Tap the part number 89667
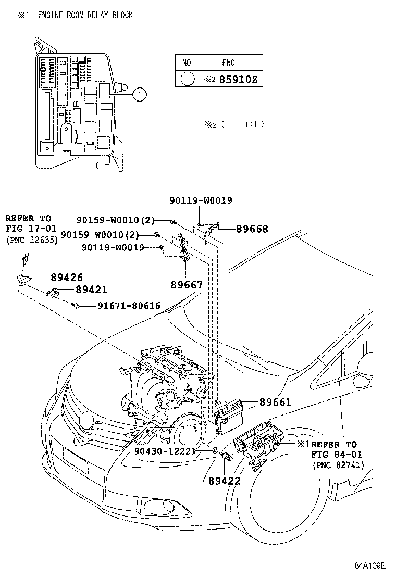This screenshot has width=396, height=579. pyautogui.click(x=186, y=285)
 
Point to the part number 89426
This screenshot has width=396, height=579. pyautogui.click(x=66, y=278)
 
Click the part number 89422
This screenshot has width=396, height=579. pyautogui.click(x=224, y=482)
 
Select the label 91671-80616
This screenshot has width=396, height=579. pyautogui.click(x=129, y=306)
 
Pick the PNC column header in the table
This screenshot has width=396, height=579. pyautogui.click(x=228, y=62)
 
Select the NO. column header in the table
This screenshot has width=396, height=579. pyautogui.click(x=188, y=62)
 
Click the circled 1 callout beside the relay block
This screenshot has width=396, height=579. pyautogui.click(x=139, y=94)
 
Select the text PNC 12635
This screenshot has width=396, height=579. pyautogui.click(x=31, y=240)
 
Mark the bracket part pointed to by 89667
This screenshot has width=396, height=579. pyautogui.click(x=183, y=250)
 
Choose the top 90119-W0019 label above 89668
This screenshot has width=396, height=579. pyautogui.click(x=201, y=200)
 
